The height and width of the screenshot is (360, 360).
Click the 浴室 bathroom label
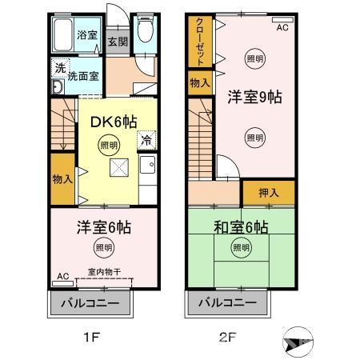(87, 35)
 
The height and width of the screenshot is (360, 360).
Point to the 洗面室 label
(83, 78)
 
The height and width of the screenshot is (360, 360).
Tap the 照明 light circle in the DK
(107, 145)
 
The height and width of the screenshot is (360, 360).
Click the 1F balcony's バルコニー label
(91, 305)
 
